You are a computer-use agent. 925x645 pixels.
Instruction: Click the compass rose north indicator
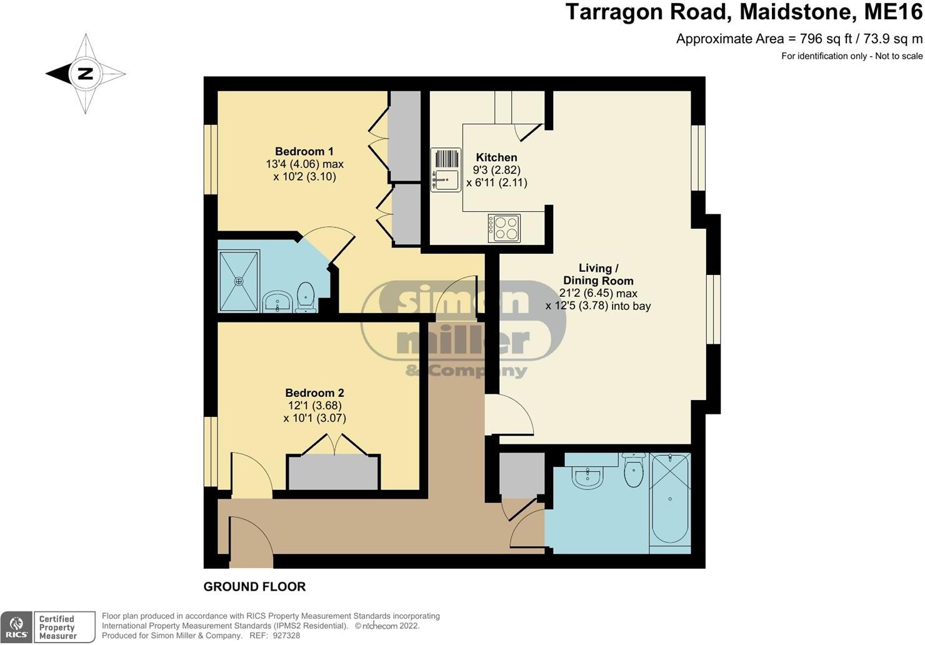[85, 74]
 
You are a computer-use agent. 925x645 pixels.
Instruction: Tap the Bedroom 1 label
[304, 151]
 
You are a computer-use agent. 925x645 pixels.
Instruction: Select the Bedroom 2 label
[314, 393]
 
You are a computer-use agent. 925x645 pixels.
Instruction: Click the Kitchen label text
[496, 157]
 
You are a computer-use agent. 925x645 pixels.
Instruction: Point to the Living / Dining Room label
[597, 274]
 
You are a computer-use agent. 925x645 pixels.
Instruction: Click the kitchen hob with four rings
[504, 228]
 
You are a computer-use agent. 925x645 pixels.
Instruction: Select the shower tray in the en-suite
[238, 281]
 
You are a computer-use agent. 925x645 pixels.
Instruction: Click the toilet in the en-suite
[305, 296]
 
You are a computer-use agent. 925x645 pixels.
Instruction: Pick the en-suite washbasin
[276, 302]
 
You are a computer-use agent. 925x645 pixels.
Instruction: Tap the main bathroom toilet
[634, 471]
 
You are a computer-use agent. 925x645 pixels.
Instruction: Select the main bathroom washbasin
[587, 476]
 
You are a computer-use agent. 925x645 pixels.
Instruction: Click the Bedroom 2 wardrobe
[333, 472]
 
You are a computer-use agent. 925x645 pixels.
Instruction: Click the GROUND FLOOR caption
[254, 587]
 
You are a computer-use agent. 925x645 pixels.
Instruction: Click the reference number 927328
[286, 636]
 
